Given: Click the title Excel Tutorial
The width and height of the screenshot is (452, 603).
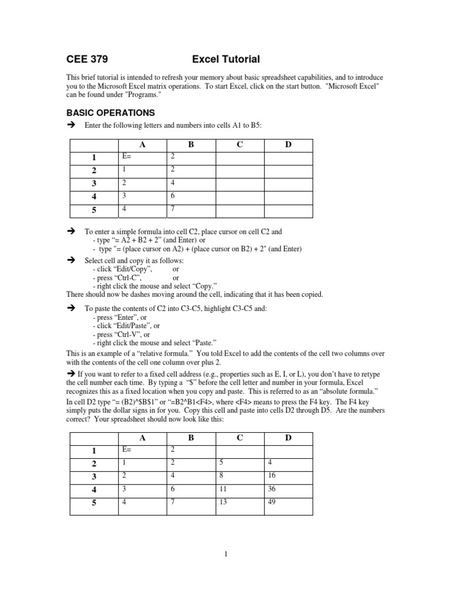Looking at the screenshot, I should [x=225, y=59].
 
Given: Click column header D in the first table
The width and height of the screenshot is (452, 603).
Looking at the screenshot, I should [x=288, y=145].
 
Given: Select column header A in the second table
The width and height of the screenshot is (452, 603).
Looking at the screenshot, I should [x=142, y=438].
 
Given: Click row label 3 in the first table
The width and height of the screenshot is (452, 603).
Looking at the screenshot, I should [x=92, y=184].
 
